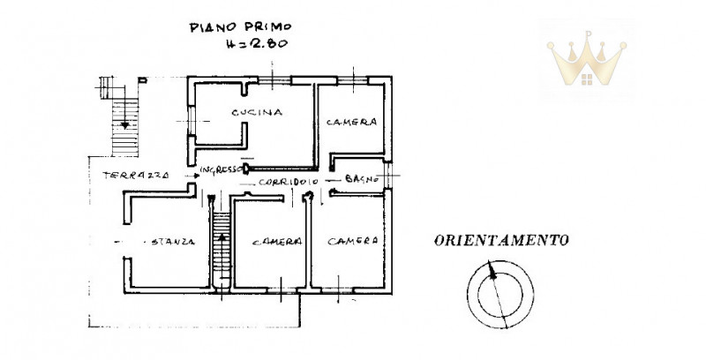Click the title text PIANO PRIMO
(x=240, y=27)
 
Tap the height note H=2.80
(x=257, y=43)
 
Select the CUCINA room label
(x=257, y=112)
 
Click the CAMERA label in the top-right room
(x=351, y=122)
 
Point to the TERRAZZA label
(x=136, y=175)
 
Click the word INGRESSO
(x=222, y=169)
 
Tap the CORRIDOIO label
(x=289, y=182)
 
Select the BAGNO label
(x=362, y=178)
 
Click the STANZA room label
(x=173, y=242)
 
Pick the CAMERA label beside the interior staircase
(x=277, y=242)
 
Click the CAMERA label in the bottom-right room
(x=352, y=241)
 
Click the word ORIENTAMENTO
(x=501, y=240)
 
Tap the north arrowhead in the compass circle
(x=492, y=270)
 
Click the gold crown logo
(x=587, y=58)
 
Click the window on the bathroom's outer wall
(x=388, y=175)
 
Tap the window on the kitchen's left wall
(x=192, y=121)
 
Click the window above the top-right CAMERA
(x=352, y=80)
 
